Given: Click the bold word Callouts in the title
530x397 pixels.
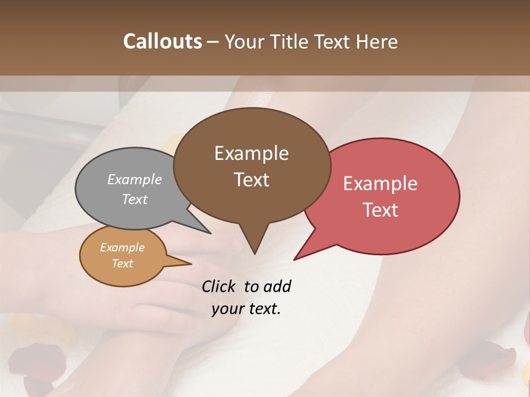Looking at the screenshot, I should [x=162, y=41].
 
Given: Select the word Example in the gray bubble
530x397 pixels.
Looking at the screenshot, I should [x=135, y=179].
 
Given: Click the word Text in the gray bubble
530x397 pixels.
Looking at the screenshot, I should [x=135, y=199].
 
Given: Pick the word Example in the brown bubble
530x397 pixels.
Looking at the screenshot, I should [x=251, y=153].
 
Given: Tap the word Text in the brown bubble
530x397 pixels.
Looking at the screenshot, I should [x=252, y=180].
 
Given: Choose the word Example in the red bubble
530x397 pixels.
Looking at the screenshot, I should [x=380, y=184].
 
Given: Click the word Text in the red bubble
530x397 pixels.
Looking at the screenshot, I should [x=381, y=210].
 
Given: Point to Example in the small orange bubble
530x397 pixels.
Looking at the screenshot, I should [x=122, y=248].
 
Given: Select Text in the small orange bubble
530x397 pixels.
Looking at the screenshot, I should [x=122, y=264].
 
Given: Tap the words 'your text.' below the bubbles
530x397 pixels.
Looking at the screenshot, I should [x=246, y=309].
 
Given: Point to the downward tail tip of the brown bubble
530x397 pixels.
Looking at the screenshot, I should [x=255, y=253].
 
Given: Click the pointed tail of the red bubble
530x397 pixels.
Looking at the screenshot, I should [x=295, y=259].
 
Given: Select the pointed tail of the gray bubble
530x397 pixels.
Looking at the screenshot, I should [x=210, y=233].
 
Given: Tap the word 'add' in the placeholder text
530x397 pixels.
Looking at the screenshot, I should [x=277, y=286].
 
